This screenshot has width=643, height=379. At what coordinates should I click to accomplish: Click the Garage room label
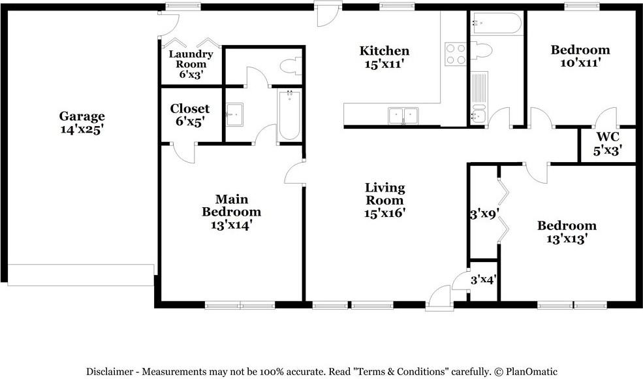82,116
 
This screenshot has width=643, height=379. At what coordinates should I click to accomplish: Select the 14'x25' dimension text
82,129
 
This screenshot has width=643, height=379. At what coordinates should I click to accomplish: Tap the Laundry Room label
191,59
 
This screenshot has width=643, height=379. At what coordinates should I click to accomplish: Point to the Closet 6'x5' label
190,114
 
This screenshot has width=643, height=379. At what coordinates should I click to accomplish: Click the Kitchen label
384,51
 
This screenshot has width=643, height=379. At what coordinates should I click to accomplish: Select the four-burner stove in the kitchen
455,54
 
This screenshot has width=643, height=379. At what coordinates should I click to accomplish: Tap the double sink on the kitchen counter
403,116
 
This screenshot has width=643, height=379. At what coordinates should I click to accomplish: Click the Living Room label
384,194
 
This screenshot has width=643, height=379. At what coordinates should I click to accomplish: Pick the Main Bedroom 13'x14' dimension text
231,225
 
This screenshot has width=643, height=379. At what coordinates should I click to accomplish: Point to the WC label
607,137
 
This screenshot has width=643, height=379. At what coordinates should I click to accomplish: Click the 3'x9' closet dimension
484,213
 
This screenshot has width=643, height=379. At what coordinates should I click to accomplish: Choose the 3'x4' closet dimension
484,280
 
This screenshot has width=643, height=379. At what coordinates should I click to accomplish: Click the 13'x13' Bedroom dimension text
567,239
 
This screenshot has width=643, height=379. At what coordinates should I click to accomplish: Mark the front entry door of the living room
439,297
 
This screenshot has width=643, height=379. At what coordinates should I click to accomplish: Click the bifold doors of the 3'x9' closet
503,210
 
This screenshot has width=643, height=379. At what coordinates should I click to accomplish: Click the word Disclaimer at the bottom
112,372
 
